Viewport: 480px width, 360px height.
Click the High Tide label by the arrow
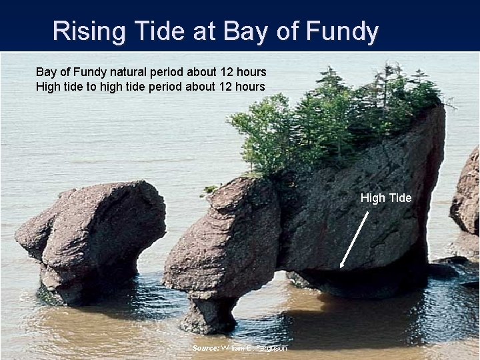386,198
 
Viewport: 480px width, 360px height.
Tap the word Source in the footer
206,348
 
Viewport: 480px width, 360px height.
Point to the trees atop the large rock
333,120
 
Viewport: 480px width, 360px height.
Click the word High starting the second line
48,87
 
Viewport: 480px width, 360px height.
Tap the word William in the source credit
234,348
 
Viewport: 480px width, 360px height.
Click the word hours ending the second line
249,87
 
